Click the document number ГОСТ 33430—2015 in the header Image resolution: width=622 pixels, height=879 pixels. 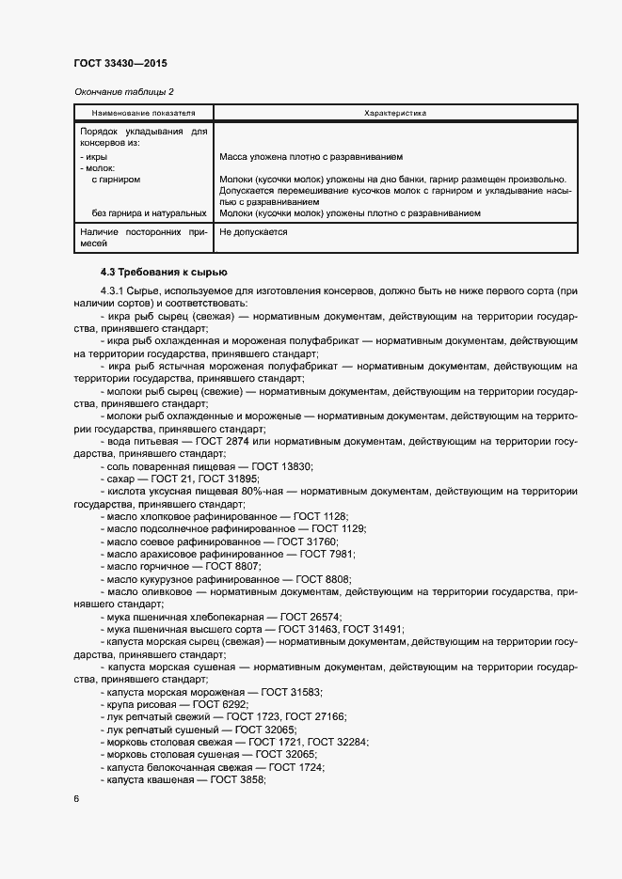pyautogui.click(x=121, y=63)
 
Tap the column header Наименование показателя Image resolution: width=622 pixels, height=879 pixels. pyautogui.click(x=144, y=113)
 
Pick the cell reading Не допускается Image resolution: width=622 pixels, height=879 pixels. pyautogui.click(x=252, y=231)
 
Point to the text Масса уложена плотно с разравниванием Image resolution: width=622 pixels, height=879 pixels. pyautogui.click(x=311, y=157)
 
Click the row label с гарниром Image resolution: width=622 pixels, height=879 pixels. pyautogui.click(x=117, y=179)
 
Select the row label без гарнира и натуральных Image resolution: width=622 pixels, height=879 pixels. pyautogui.click(x=149, y=213)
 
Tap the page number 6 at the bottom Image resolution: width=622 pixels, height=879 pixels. pyautogui.click(x=76, y=798)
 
